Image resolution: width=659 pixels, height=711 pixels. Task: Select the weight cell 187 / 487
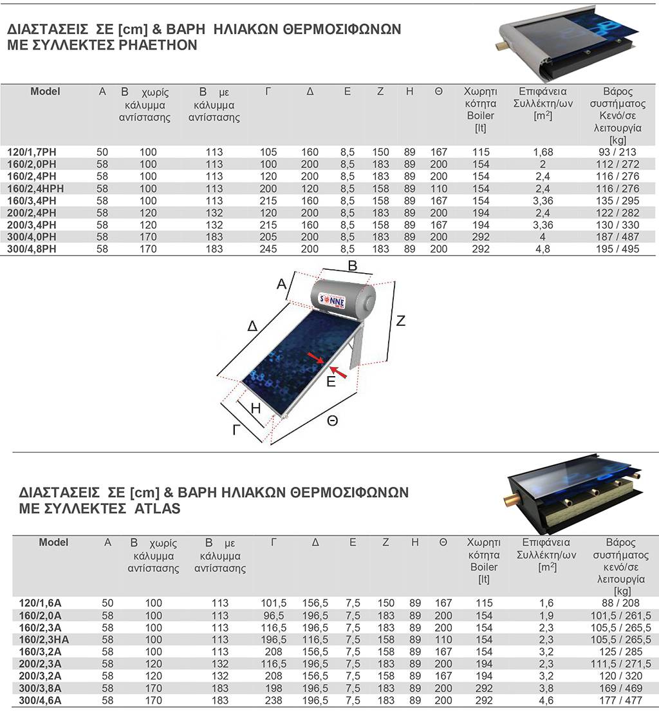pos(618,237)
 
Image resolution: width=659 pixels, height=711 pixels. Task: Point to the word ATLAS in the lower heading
pos(158,509)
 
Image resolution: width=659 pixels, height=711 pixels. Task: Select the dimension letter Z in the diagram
pos(400,320)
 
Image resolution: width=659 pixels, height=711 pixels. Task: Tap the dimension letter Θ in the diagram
pos(332,421)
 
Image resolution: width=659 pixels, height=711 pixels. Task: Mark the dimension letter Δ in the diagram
pos(253,327)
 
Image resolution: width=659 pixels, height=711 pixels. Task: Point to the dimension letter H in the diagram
pos(255,408)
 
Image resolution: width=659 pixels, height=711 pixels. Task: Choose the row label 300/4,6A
pos(41,700)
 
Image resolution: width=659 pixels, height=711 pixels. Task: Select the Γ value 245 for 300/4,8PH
pos(268,249)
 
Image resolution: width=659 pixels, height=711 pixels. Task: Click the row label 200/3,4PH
pos(41,225)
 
